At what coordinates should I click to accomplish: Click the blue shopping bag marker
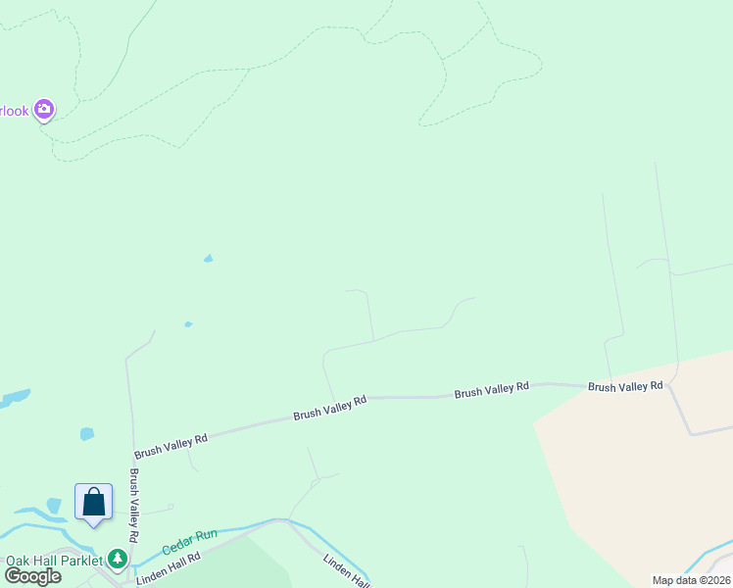[x=94, y=503]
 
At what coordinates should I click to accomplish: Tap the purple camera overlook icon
[x=44, y=110]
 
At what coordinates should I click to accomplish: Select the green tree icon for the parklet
[x=119, y=560]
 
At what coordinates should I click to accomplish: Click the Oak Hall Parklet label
[x=54, y=561]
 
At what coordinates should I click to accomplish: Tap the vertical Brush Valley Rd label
[x=133, y=506]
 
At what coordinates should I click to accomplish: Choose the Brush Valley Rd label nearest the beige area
[x=625, y=387]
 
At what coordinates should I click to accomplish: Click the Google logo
[x=32, y=576]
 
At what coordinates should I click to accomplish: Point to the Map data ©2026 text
[x=690, y=580]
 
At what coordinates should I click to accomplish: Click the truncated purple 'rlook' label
[x=15, y=110]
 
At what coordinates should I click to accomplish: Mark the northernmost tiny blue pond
[x=208, y=259]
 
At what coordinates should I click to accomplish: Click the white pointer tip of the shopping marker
[x=94, y=525]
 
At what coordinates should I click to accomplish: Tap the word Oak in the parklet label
[x=18, y=561]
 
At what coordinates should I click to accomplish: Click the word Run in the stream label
[x=205, y=536]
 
